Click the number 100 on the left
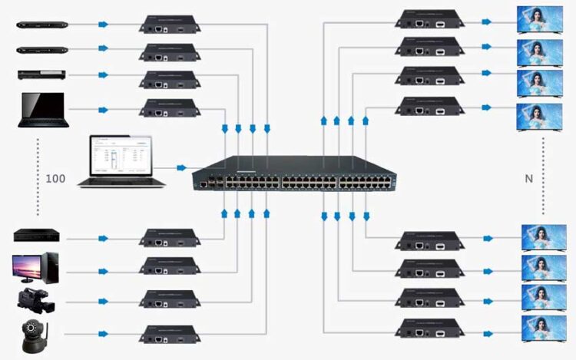pos(55,178)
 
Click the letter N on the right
pos(528,178)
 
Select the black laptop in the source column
pos(44,110)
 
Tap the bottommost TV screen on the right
pos(544,329)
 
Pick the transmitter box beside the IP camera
pos(170,335)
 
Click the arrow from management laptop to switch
pos(181,167)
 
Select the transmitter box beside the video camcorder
pos(170,301)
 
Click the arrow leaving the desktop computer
pos(104,268)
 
